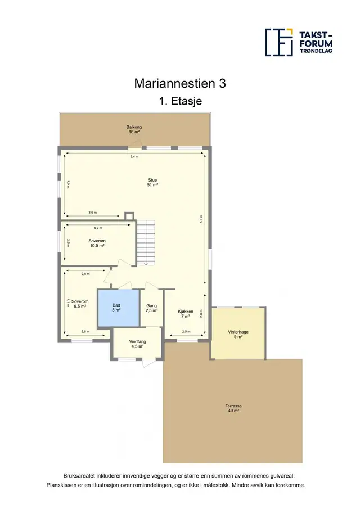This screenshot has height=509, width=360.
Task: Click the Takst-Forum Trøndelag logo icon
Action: pos(279,42)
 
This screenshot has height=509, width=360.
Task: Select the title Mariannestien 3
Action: pos(180,83)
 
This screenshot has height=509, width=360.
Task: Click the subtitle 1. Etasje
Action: pos(180,101)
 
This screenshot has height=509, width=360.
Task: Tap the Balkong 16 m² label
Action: pos(134,129)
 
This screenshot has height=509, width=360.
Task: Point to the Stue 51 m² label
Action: pos(152,182)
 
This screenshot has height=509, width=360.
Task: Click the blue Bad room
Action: pos(119,308)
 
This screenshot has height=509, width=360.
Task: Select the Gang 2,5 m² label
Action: pos(152,308)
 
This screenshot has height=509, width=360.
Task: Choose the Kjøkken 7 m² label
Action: pos(186,314)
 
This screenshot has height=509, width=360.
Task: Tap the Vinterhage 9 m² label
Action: pos(238,334)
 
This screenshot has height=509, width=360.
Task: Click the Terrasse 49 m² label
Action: pos(234,408)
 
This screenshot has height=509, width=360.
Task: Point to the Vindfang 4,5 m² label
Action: pos(137,344)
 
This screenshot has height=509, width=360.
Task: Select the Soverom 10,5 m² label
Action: pos(97,244)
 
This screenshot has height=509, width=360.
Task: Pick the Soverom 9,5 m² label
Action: pos(80,304)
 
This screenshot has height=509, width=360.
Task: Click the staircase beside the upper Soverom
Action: pos(146,242)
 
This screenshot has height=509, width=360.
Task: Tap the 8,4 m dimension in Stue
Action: pos(134,156)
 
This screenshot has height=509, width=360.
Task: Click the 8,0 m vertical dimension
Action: pos(201,219)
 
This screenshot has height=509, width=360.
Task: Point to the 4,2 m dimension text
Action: pos(98,228)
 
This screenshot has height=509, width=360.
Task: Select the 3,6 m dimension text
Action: pos(92,212)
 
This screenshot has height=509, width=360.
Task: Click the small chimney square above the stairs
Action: pos(129,216)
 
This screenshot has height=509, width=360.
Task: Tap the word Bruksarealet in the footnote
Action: pos(79,476)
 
